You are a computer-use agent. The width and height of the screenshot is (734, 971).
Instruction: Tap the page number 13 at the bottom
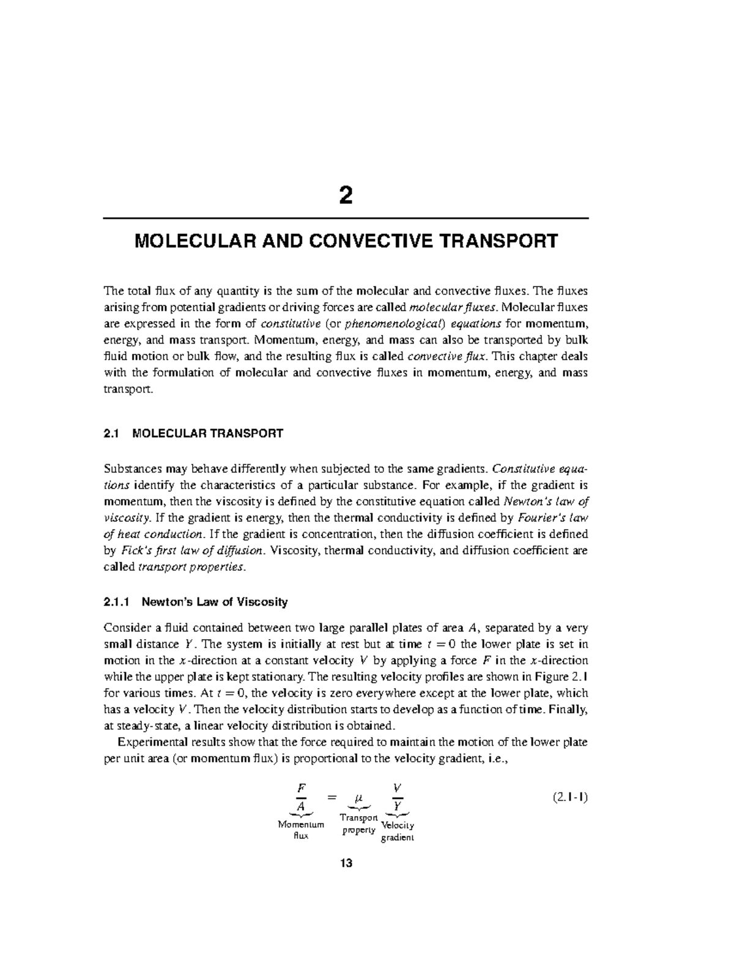[346, 863]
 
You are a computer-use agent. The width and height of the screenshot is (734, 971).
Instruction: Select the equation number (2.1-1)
[569, 798]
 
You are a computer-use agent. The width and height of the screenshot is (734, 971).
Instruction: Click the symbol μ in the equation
[359, 798]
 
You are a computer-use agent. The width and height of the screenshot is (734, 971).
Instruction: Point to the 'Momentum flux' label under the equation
[301, 830]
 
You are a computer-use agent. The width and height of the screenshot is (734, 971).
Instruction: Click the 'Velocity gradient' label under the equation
[398, 831]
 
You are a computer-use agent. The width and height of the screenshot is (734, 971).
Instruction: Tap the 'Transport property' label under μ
[359, 823]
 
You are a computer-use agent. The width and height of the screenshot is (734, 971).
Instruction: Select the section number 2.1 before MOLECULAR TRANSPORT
[111, 433]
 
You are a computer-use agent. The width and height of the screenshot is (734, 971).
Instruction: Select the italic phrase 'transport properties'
[192, 567]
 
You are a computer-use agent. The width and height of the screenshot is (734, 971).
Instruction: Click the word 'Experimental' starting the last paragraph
[151, 742]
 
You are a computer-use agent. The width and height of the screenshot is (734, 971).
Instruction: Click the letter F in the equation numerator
[300, 787]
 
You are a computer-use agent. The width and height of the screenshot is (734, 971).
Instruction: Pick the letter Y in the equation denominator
[398, 807]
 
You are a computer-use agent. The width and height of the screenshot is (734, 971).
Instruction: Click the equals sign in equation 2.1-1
[332, 798]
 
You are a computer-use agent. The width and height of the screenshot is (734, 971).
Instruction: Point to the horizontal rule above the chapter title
[346, 218]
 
